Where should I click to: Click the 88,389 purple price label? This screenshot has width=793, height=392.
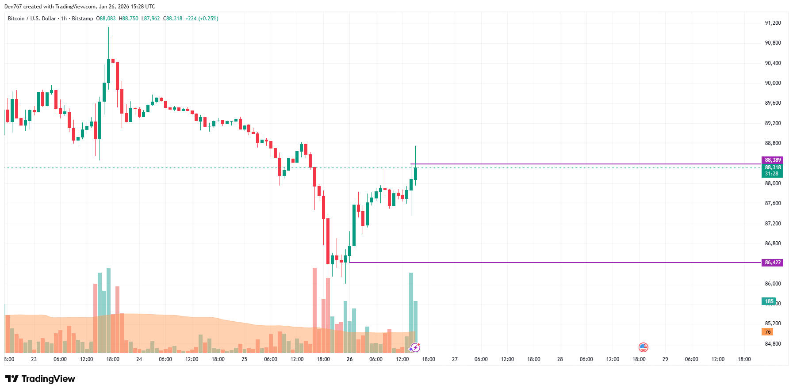coord(772,160)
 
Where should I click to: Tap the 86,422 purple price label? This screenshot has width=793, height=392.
coord(772,263)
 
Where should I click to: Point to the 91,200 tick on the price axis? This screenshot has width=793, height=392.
coord(773,23)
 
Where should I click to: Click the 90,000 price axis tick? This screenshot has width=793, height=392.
coord(773,83)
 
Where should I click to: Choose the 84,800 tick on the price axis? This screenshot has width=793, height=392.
coord(773,344)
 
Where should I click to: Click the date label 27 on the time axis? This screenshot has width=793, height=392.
coord(455,359)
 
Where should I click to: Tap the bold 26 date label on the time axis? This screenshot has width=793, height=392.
coord(349,359)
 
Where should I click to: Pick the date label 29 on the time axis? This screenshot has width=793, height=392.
coord(665,359)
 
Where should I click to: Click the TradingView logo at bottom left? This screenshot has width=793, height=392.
coord(40,379)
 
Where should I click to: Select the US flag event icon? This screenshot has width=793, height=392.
coord(643,347)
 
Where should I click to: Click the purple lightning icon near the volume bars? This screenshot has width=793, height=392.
coord(415,348)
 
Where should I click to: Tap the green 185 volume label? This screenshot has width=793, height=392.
coord(769,301)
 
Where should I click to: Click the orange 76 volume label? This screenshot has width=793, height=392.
coord(767,332)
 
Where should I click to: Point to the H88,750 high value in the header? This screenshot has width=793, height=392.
coord(128,19)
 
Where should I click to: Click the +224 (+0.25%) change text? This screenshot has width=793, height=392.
coord(202,19)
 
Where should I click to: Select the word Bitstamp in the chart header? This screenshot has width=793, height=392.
coord(82,19)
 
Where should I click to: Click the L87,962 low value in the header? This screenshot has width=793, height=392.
coord(150,19)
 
